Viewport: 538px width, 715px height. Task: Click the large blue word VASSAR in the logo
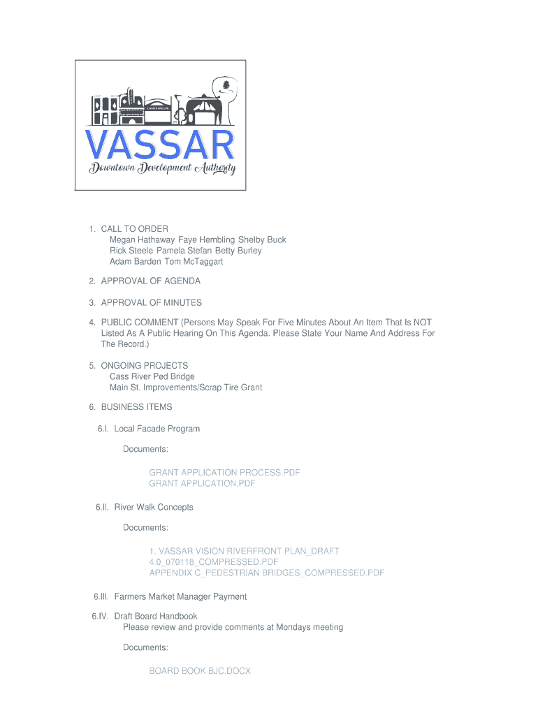tap(160, 145)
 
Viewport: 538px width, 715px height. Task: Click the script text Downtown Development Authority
tap(162, 169)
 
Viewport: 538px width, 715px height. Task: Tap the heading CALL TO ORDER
tap(134, 229)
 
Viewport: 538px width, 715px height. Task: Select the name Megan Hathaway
tap(142, 239)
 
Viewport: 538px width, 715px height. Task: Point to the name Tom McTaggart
tap(194, 262)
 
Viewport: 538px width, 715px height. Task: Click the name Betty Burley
tap(238, 251)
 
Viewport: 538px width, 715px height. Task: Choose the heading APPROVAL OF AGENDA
tap(150, 281)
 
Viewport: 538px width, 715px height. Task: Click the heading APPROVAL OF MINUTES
tap(151, 302)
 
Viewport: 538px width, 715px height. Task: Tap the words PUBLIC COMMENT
tap(140, 323)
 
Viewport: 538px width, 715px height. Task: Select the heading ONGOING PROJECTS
tap(144, 366)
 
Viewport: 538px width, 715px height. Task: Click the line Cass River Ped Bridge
tap(152, 376)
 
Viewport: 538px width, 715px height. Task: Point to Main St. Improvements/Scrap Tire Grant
tap(185, 388)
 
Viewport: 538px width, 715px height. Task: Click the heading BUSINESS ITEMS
tap(136, 407)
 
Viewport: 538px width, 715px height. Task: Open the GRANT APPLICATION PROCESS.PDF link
tap(224, 473)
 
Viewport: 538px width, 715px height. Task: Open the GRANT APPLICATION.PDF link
tap(202, 483)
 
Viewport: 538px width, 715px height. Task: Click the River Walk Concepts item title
tap(153, 507)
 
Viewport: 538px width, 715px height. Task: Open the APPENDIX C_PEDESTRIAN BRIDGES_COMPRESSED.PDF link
tap(266, 573)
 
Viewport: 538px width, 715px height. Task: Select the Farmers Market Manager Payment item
tap(180, 597)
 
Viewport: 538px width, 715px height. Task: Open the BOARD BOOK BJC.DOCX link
tap(199, 671)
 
